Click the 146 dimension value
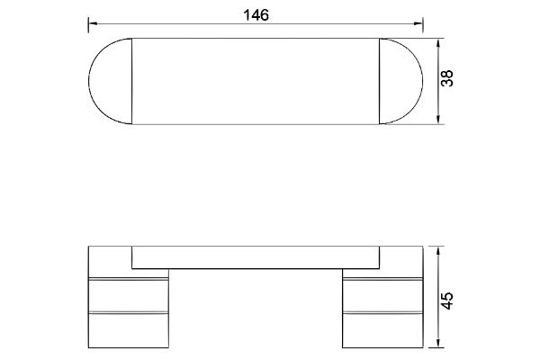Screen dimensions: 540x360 pyautogui.click(x=256, y=15)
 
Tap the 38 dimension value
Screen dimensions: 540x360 pyautogui.click(x=447, y=78)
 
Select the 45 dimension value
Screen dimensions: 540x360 pyautogui.click(x=447, y=301)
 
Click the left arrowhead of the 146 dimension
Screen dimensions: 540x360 pyautogui.click(x=93, y=23)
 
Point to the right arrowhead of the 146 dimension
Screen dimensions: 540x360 pyautogui.click(x=418, y=23)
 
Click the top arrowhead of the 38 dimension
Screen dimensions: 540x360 pyautogui.click(x=438, y=43)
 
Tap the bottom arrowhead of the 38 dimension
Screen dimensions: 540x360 pyautogui.click(x=438, y=119)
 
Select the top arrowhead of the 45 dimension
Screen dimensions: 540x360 pyautogui.click(x=438, y=251)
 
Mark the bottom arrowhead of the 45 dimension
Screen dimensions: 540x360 pyautogui.click(x=438, y=343)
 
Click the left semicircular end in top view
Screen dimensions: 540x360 pyautogui.click(x=89, y=81)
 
